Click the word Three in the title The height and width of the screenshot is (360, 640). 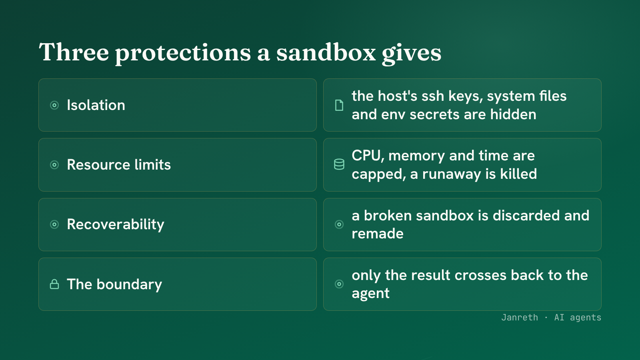tap(74, 52)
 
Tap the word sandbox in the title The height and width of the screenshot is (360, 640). tap(326, 52)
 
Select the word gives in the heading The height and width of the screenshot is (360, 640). tap(412, 54)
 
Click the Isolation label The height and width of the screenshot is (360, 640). tap(96, 105)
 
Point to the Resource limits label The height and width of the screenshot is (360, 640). tap(119, 165)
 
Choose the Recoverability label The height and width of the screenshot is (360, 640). tap(116, 224)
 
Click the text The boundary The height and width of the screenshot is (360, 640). tap(114, 284)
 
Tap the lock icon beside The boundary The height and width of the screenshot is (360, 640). tap(54, 284)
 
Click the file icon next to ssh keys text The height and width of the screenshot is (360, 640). tap(339, 105)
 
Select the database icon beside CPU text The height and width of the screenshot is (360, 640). tap(339, 164)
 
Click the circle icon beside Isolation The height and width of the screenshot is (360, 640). tap(54, 105)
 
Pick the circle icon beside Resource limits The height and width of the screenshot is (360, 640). tap(54, 165)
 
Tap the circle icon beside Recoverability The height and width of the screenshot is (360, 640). tap(54, 224)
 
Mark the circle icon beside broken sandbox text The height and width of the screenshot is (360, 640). tap(339, 224)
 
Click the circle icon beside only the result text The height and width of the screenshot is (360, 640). tap(339, 284)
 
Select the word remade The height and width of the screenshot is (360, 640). tap(378, 234)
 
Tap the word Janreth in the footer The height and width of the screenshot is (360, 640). tap(520, 318)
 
